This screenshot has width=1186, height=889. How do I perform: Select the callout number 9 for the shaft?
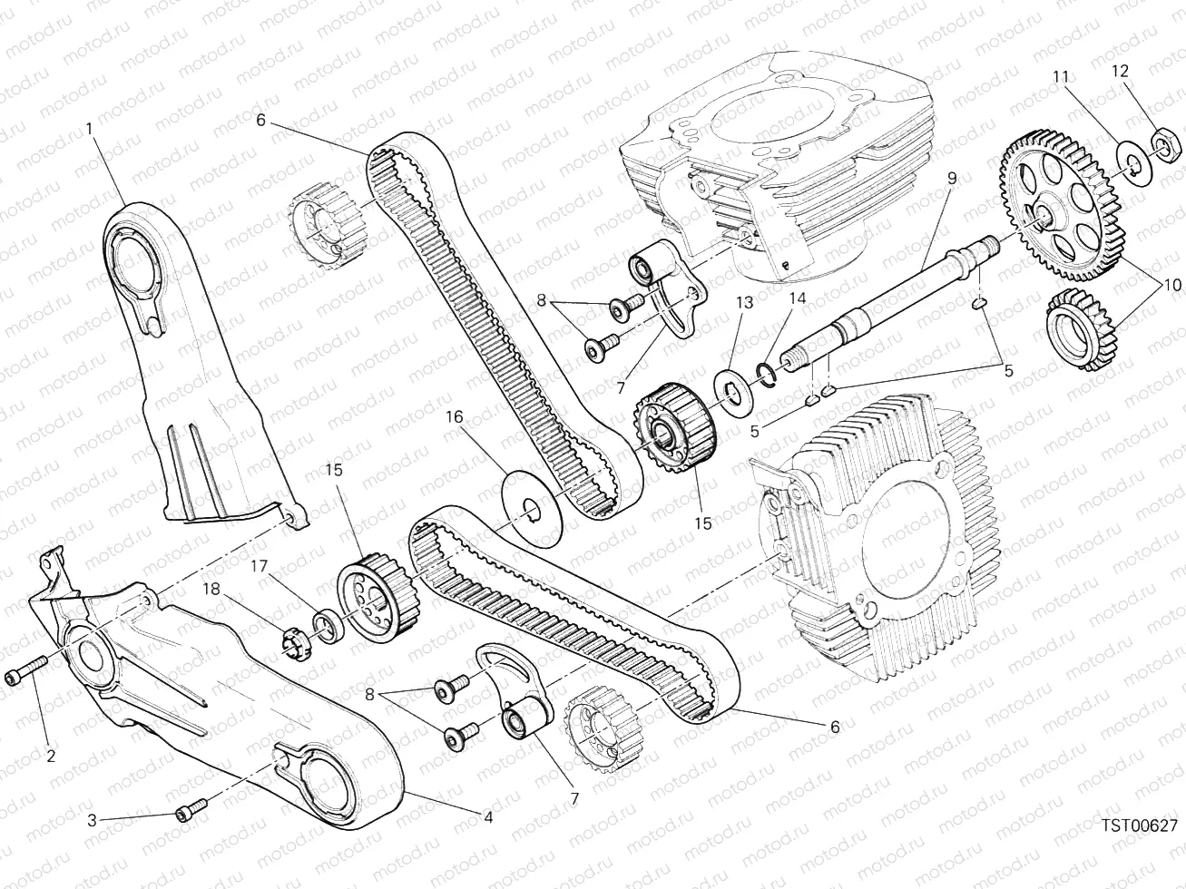click(952, 179)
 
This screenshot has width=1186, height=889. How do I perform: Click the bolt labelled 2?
click(25, 669)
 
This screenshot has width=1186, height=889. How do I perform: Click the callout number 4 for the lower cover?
click(487, 817)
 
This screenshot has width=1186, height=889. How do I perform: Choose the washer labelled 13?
click(732, 396)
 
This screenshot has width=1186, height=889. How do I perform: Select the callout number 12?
click(1120, 71)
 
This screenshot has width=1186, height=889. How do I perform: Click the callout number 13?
click(745, 303)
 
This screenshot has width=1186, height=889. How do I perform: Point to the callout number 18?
click(211, 590)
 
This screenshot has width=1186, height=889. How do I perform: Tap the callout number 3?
click(92, 820)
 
